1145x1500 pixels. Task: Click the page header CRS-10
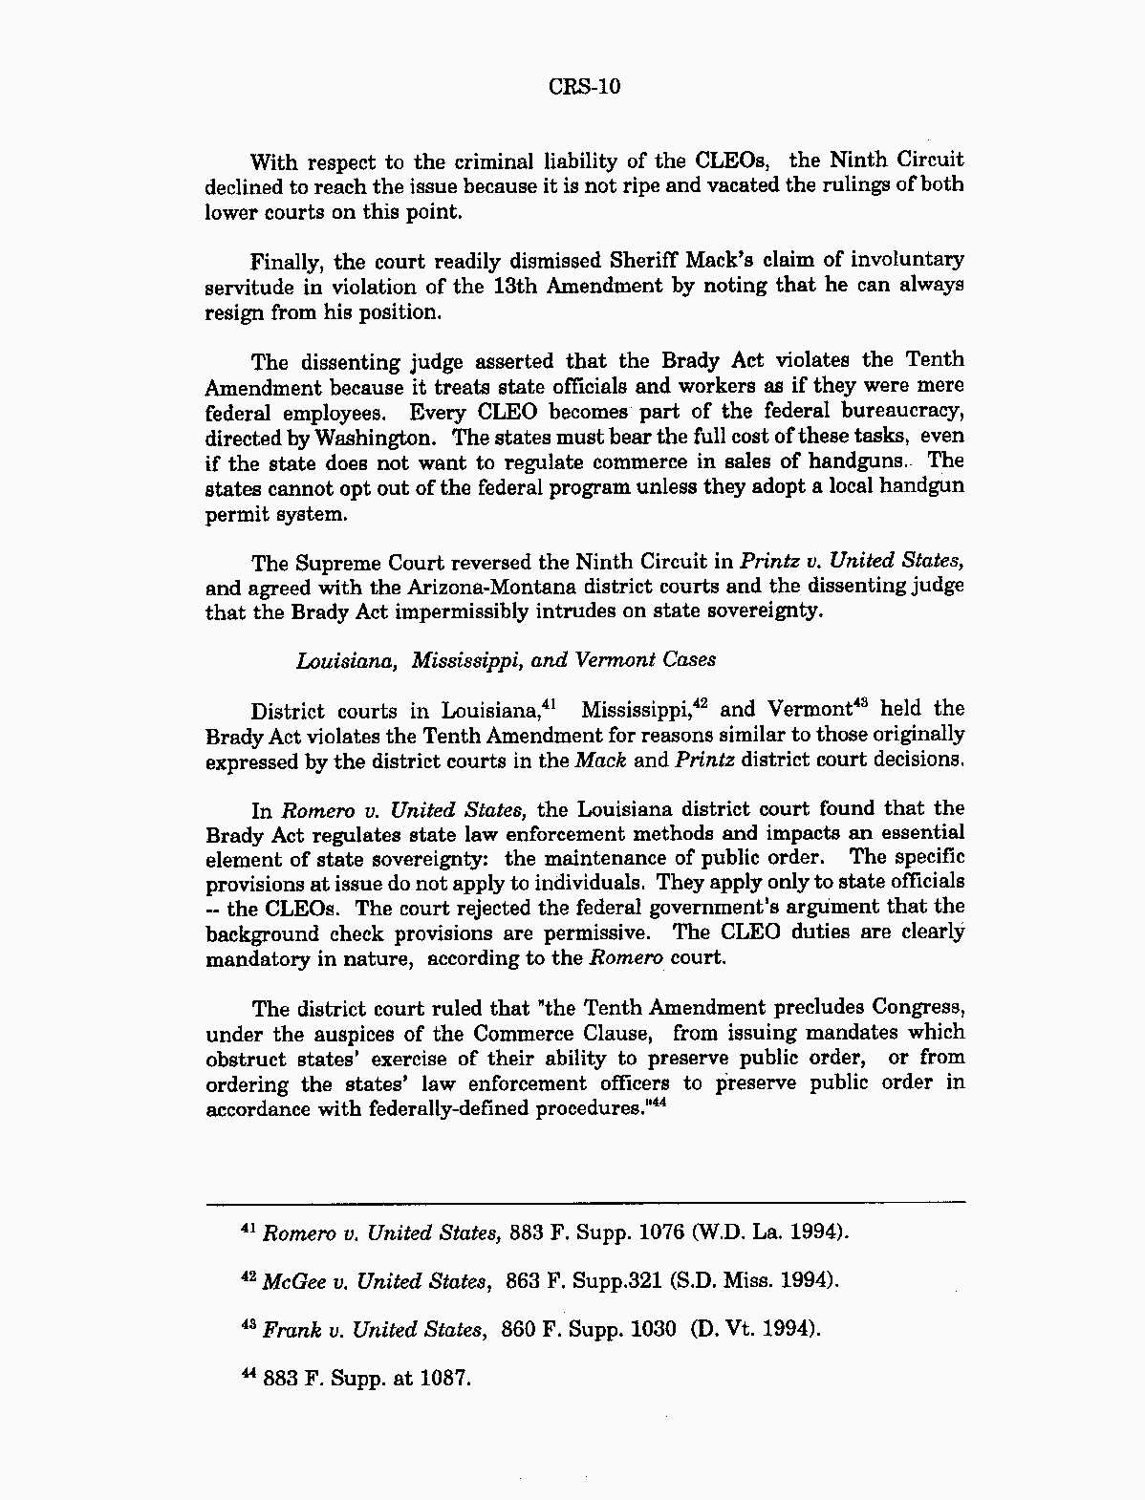pyautogui.click(x=585, y=87)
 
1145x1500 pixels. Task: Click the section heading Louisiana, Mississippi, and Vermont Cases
pyautogui.click(x=506, y=660)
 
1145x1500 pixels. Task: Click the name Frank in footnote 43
pyautogui.click(x=290, y=1330)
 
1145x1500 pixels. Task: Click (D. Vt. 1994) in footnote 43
pyautogui.click(x=756, y=1330)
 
